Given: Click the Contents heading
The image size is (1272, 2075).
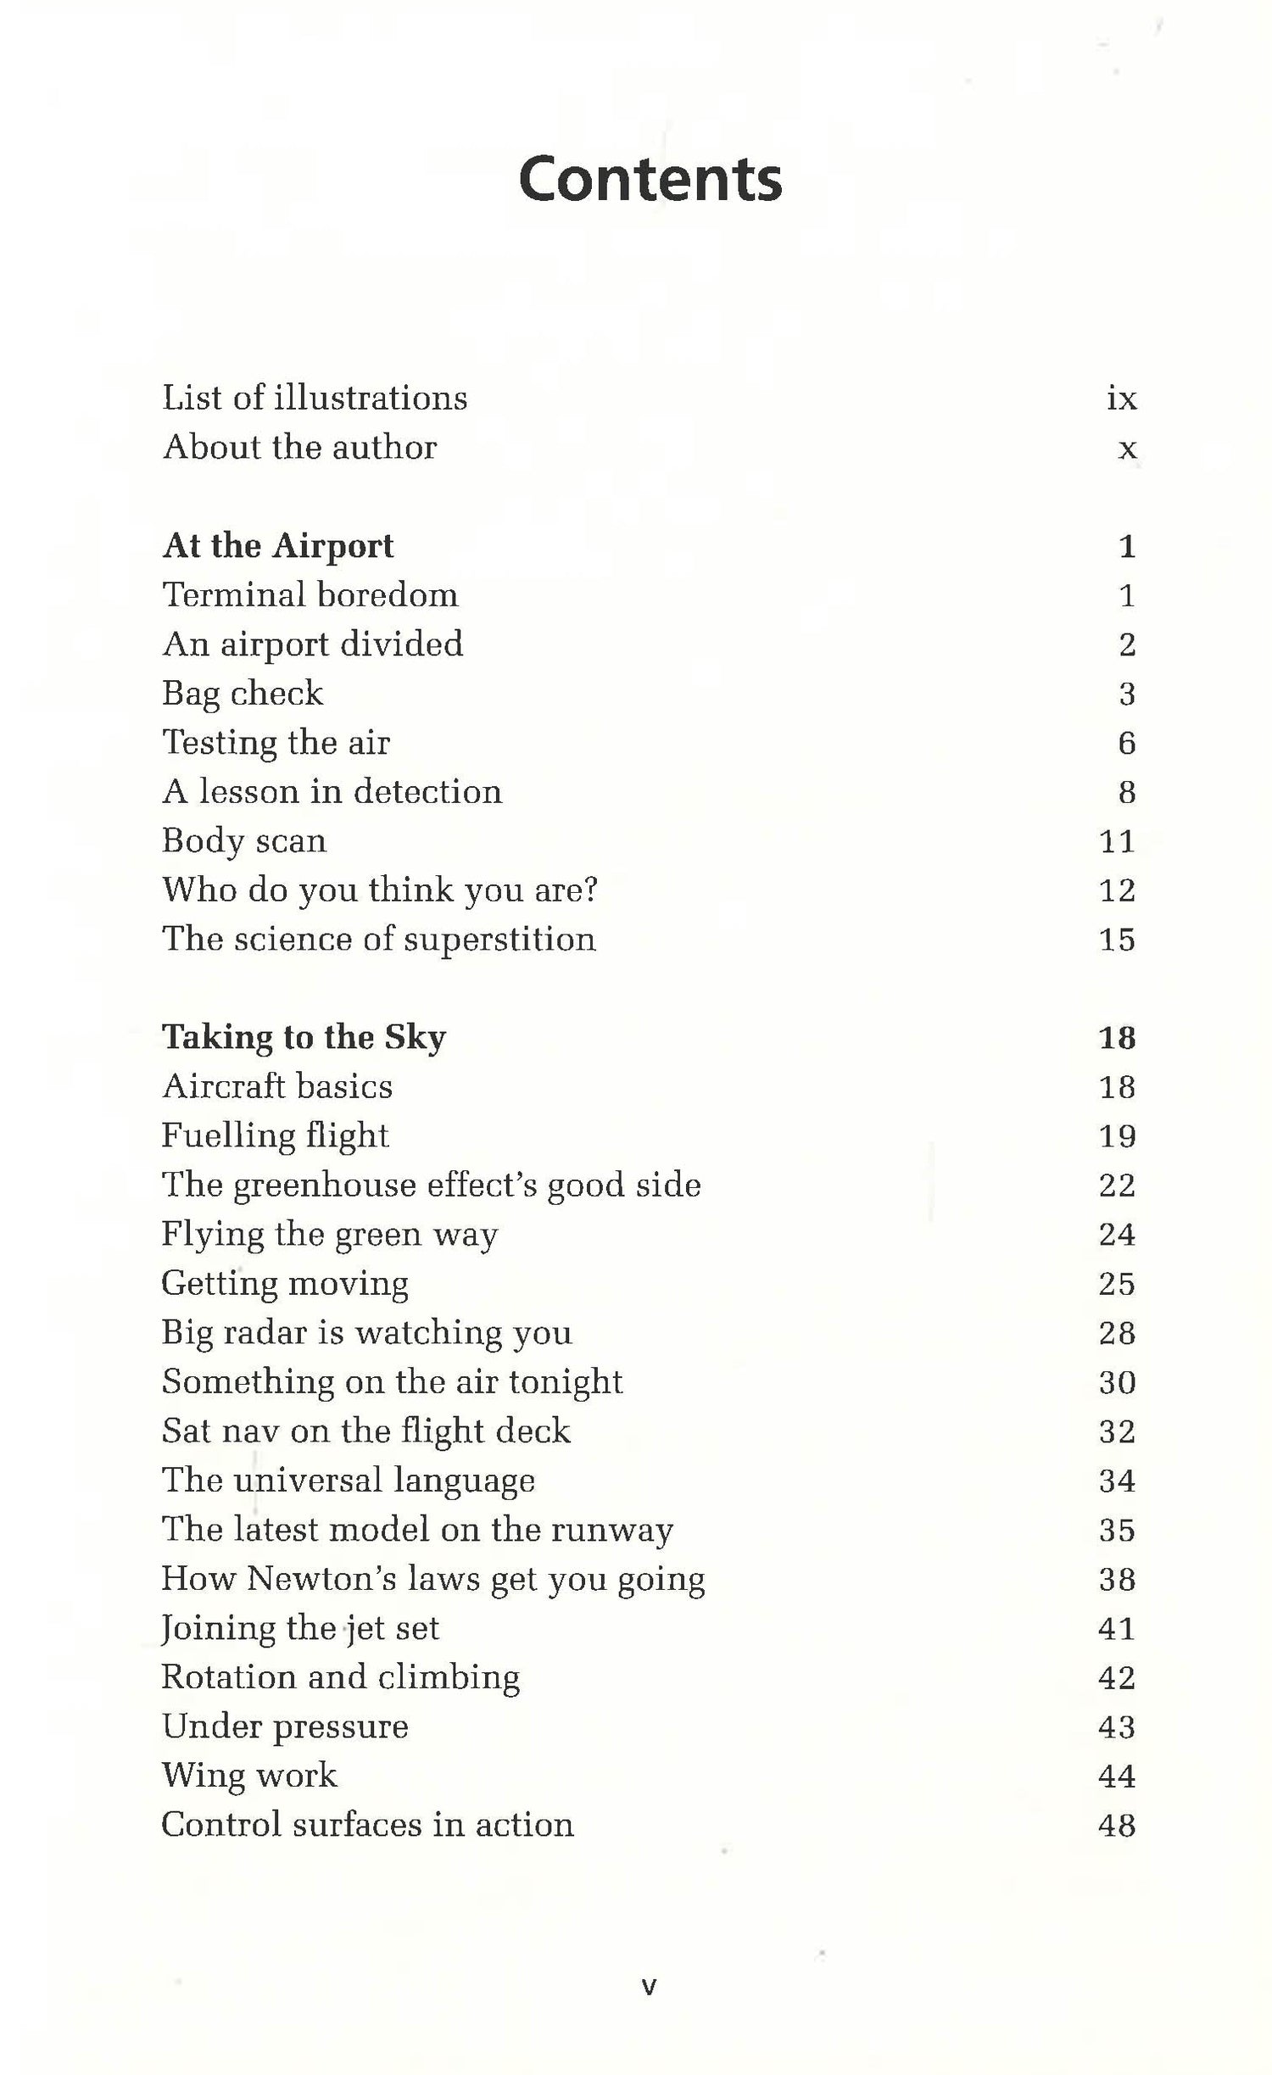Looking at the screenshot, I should [650, 180].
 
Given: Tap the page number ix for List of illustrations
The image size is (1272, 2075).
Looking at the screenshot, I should [1121, 399].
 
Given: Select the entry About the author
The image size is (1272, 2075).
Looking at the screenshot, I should [300, 448].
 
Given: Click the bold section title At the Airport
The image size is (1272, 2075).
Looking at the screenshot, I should [278, 546].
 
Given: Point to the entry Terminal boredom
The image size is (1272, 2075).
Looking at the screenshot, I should [310, 595].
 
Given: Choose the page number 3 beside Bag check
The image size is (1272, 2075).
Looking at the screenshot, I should [1126, 694].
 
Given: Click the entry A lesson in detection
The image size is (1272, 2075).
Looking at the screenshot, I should [332, 792].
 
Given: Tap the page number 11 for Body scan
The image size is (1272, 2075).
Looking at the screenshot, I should [1116, 841].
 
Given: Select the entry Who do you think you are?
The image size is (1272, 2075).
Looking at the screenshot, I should [380, 890].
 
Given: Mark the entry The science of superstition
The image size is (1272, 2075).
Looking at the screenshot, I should [379, 940].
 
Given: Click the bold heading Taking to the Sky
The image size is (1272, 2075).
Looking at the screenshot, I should [304, 1038].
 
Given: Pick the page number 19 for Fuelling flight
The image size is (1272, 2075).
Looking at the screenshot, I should [1116, 1136].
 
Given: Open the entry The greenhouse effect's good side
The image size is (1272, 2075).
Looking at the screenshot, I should [432, 1185].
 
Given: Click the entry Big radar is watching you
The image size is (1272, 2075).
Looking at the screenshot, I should [366, 1333].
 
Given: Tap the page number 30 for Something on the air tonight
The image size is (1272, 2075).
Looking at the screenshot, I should [1116, 1382].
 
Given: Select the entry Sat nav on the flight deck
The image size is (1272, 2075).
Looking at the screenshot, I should [366, 1431].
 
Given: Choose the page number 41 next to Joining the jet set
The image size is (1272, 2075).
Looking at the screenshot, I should [1116, 1628].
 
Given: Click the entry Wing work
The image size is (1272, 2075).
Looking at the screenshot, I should [249, 1776].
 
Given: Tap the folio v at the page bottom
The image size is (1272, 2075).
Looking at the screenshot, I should [649, 1987].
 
